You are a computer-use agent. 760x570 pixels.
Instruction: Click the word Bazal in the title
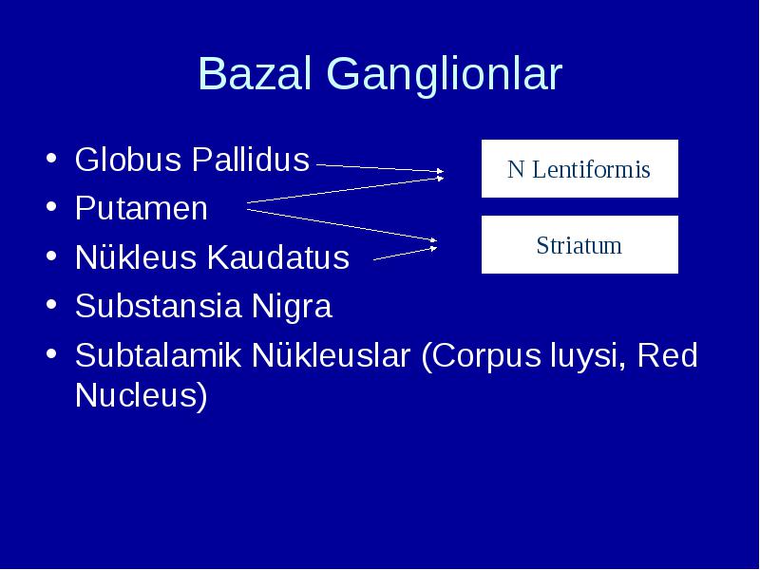[x=255, y=73]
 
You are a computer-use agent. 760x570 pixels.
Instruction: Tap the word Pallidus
[x=251, y=159]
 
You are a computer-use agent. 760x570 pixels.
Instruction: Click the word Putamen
[x=142, y=208]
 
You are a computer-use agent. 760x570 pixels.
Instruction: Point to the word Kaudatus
[x=277, y=256]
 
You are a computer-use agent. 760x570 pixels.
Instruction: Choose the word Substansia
[x=158, y=306]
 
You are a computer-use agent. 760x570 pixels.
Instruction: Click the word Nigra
[x=292, y=307]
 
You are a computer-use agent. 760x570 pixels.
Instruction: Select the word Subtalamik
[x=158, y=354]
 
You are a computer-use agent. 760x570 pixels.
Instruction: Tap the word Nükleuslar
[x=331, y=354]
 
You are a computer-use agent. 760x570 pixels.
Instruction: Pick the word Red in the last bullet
[x=668, y=354]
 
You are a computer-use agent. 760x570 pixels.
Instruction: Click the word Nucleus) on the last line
[x=142, y=395]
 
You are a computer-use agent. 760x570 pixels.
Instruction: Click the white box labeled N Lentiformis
[x=579, y=169]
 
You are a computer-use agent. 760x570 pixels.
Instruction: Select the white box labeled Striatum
[x=579, y=245]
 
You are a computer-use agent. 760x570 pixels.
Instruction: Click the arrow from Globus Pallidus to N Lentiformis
[x=380, y=168]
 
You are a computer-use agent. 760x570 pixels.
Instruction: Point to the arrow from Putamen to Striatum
[x=342, y=225]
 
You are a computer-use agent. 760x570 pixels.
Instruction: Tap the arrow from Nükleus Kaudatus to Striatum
[x=406, y=254]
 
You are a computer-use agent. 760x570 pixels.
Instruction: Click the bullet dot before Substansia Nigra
[x=51, y=304]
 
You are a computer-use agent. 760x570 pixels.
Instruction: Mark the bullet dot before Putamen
[x=51, y=207]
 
